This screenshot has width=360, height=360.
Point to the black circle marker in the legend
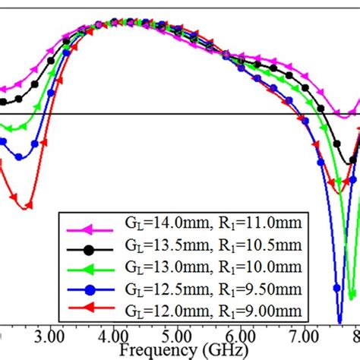coord(89,250)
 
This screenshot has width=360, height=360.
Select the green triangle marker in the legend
coord(89,270)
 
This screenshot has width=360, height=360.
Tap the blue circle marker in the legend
coord(89,291)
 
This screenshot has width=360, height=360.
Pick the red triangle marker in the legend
coord(89,311)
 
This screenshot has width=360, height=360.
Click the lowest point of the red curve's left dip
coord(27,207)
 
